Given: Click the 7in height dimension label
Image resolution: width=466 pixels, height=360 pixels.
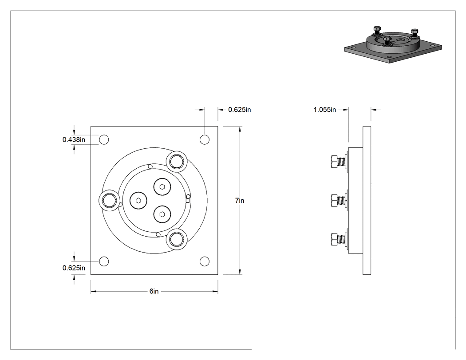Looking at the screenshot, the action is tap(240, 201).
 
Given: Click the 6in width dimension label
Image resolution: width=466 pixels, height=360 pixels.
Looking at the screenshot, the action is tap(154, 291).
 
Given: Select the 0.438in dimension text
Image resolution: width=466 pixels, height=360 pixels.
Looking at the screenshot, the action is tap(74, 139).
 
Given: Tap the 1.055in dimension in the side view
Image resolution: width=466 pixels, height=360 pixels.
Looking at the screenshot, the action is tap(324, 110).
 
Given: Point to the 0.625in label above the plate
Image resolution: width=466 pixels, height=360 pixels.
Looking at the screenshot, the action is tap(240, 110).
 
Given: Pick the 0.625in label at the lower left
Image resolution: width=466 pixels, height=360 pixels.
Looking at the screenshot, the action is tap(74, 268).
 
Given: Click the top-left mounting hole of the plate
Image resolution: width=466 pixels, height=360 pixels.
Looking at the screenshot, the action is tap(104, 139).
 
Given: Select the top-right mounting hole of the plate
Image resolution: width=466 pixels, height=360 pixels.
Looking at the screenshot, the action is tap(205, 139).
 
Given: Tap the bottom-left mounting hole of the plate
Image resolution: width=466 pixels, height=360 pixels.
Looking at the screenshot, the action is tap(104, 261).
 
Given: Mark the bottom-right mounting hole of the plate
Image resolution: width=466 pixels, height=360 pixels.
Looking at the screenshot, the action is tap(205, 261).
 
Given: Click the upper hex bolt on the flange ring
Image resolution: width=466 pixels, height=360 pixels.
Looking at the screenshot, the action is tap(177, 162).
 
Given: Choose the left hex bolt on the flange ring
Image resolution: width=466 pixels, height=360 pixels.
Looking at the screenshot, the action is tap(110, 201).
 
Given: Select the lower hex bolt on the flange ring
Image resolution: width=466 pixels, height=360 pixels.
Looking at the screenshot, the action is tap(177, 239).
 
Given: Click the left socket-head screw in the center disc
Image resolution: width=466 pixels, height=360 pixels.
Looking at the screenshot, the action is tap(138, 201).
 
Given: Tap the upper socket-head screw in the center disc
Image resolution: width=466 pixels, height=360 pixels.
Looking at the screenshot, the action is tap(162, 187).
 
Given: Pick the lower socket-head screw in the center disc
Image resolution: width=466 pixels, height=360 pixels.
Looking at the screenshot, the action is tap(162, 214).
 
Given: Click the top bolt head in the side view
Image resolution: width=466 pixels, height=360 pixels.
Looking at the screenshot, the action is tap(334, 162).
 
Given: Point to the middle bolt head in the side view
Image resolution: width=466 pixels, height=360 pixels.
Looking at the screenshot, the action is tap(334, 200).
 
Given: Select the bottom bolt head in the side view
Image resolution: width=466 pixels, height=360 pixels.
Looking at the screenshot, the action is tap(334, 239).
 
